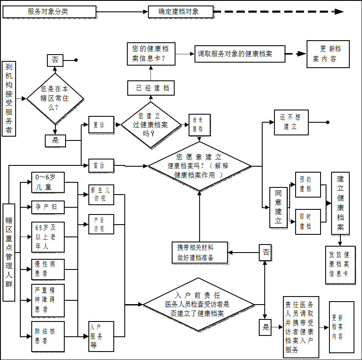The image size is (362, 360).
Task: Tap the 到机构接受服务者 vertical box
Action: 9,99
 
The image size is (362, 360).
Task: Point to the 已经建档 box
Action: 151,88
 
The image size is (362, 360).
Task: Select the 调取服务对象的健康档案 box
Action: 240,54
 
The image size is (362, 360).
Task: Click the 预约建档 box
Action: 307,184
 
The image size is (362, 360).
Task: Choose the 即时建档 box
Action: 307,222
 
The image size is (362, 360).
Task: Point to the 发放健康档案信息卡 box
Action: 340,264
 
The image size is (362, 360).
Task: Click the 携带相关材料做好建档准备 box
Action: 200,253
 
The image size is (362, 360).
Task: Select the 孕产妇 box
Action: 48,207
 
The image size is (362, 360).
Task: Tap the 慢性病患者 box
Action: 48,269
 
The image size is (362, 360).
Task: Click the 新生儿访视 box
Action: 101,195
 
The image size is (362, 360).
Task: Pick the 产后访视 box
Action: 101,224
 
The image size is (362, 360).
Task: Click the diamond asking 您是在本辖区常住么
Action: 55,98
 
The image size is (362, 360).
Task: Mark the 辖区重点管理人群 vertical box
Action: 9,252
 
